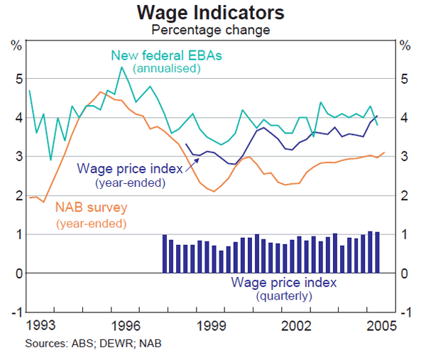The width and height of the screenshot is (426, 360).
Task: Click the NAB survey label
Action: [x=91, y=209]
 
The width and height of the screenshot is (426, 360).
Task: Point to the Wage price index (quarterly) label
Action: [x=284, y=282]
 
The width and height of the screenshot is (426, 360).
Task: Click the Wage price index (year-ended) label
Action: [x=129, y=169]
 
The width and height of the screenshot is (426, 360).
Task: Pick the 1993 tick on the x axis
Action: [x=40, y=327]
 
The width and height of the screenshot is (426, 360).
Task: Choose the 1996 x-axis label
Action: [x=126, y=327]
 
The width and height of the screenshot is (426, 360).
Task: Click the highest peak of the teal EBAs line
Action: [x=121, y=67]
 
